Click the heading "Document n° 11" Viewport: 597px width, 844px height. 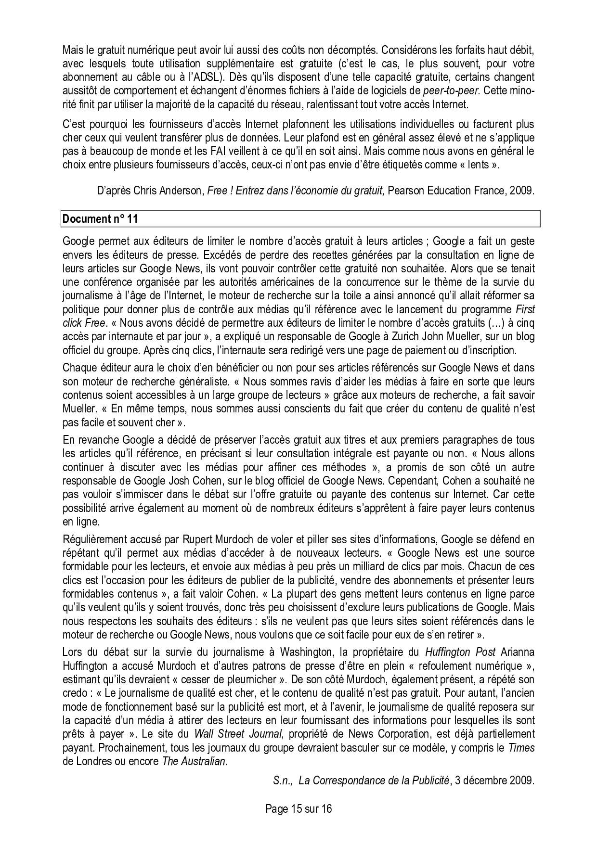tap(100, 219)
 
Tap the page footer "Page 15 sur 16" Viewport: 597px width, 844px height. tap(298, 808)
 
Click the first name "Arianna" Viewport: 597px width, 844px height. tap(518, 652)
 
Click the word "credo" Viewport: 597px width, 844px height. tap(75, 693)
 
